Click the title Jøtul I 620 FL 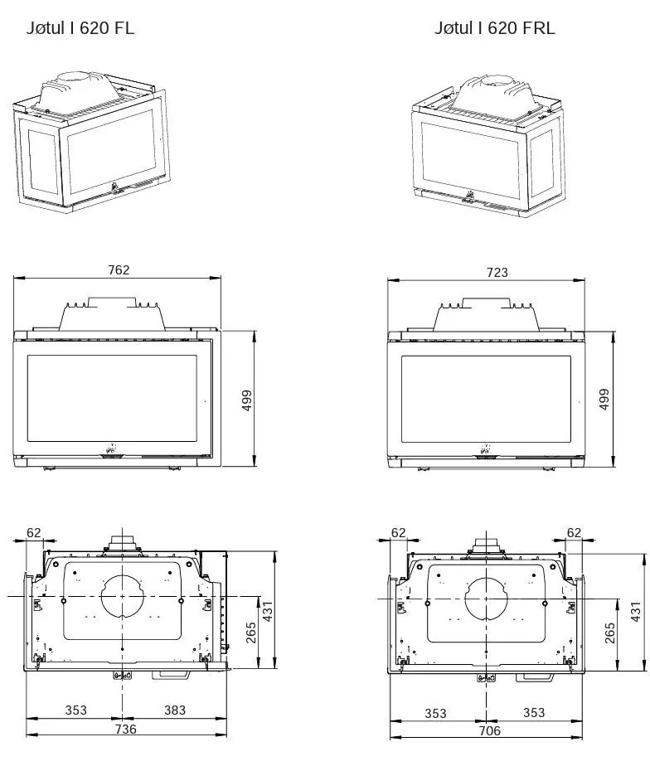coord(80,28)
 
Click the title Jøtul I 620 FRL coord(495,28)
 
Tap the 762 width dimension coord(119,269)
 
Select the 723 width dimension coord(497,272)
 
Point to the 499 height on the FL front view coord(247,400)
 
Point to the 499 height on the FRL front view coord(604,399)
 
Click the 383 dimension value coord(174,710)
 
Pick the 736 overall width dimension coord(125,729)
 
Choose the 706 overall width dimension coord(489,730)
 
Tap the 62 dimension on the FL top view coord(34,532)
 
